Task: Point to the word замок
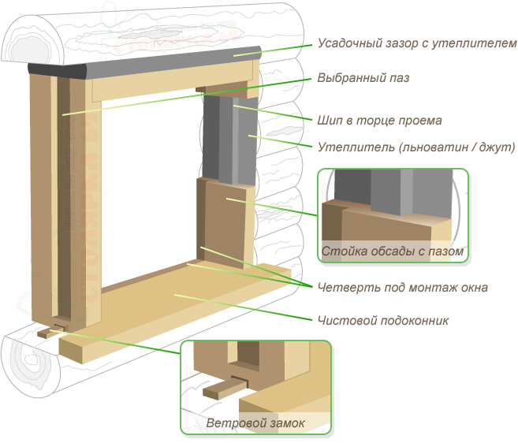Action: [x=286, y=423]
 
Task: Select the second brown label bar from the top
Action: [x=363, y=78]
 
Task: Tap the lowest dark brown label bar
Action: [x=383, y=320]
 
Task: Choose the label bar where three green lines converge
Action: [x=402, y=288]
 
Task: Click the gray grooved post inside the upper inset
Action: [x=392, y=193]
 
